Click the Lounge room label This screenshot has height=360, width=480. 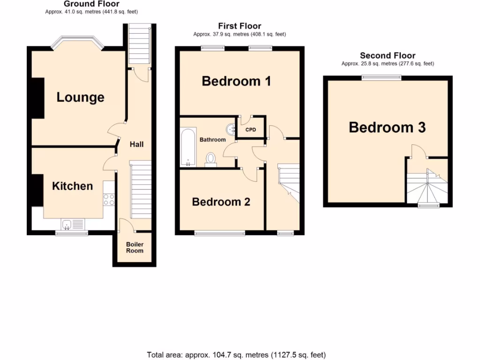pyautogui.click(x=80, y=97)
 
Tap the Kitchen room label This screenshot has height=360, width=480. pyautogui.click(x=72, y=186)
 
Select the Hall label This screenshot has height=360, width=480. pyautogui.click(x=137, y=144)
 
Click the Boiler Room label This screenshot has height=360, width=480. pyautogui.click(x=135, y=247)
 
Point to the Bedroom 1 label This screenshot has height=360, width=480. pyautogui.click(x=236, y=81)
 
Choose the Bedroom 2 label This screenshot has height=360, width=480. pyautogui.click(x=221, y=202)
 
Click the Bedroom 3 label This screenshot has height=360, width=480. pyautogui.click(x=387, y=127)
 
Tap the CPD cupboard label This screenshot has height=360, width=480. pyautogui.click(x=251, y=130)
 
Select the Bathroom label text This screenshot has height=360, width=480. pyautogui.click(x=212, y=140)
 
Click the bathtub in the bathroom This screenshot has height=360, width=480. pyautogui.click(x=187, y=148)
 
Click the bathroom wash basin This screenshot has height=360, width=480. pyautogui.click(x=231, y=127)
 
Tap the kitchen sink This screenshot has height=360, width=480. pyautogui.click(x=67, y=225)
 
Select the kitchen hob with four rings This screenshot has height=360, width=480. pyautogui.click(x=109, y=200)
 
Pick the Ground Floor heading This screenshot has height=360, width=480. pyautogui.click(x=91, y=4)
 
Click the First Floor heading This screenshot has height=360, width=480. pyautogui.click(x=240, y=26)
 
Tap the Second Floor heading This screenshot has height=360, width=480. pyautogui.click(x=387, y=56)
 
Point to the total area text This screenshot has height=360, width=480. pyautogui.click(x=236, y=355)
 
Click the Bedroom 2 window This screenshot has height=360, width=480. pyautogui.click(x=220, y=233)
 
